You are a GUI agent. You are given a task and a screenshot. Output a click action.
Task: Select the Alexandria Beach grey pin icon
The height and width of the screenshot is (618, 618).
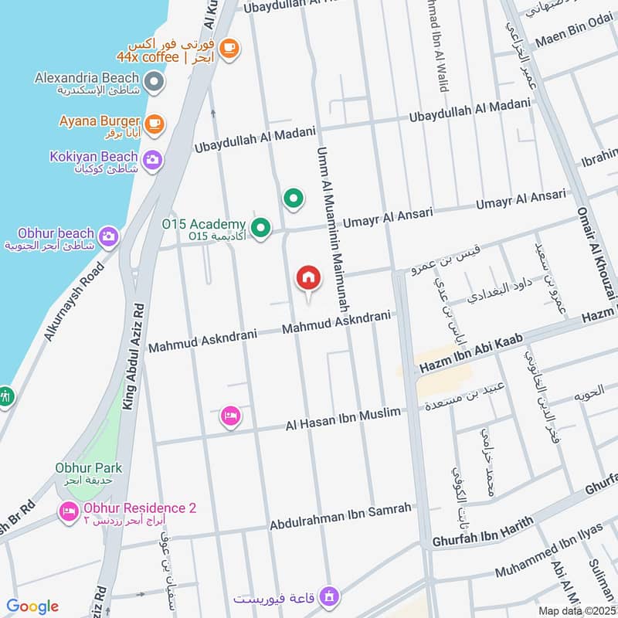tap(155, 80)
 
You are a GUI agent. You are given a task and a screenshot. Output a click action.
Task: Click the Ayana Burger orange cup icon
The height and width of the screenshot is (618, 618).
tap(154, 123)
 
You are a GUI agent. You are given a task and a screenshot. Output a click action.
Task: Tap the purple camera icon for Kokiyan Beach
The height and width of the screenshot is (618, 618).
tap(153, 160)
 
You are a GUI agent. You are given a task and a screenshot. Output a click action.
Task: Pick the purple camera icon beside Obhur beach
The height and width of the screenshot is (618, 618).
tap(109, 236)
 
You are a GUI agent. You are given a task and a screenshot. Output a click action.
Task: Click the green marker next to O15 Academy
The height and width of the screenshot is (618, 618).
tap(262, 228)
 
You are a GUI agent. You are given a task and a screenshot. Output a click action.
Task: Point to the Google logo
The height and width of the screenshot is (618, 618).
tap(32, 606)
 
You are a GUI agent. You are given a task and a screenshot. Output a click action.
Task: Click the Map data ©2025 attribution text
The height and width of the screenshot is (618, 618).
tap(576, 610)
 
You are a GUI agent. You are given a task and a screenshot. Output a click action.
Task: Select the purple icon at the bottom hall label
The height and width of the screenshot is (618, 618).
tap(330, 596)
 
